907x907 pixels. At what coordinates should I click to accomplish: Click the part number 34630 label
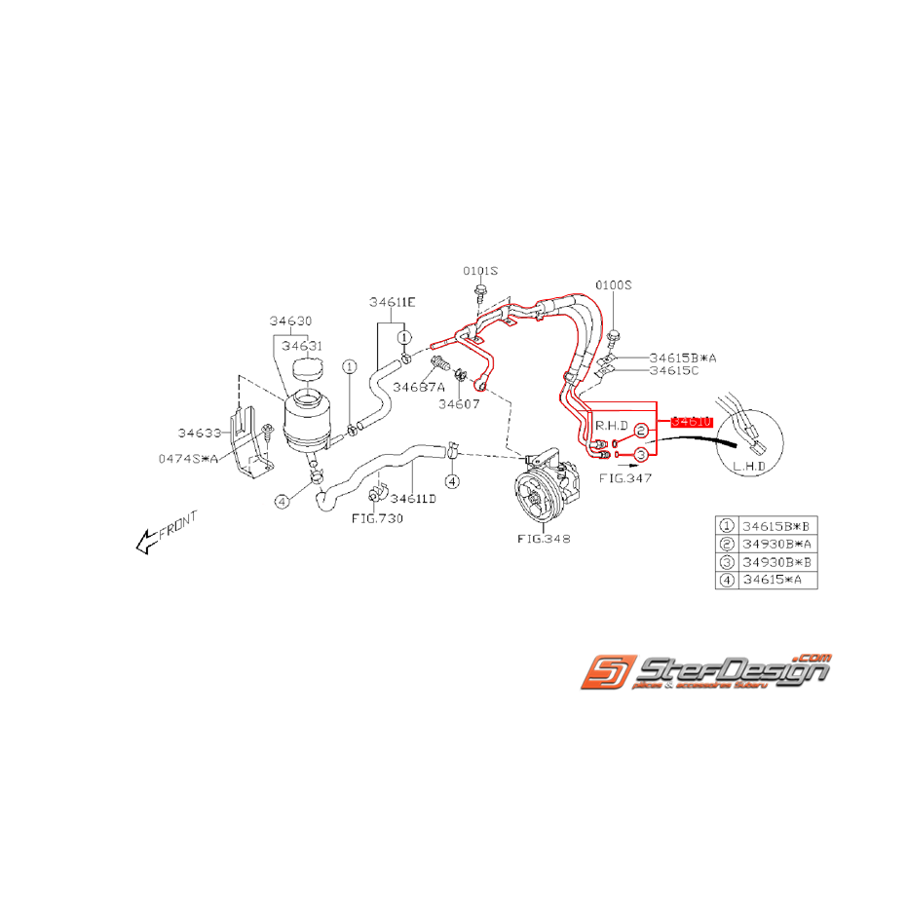pos(292,321)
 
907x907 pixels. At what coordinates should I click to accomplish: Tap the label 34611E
pos(392,302)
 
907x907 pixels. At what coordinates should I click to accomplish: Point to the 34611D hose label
pos(413,498)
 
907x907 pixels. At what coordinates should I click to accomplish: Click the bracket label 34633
pos(200,433)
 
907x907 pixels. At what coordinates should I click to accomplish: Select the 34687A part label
pos(419,387)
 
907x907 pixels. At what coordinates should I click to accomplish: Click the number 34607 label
pos(458,402)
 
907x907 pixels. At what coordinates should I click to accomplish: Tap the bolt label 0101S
pos(480,270)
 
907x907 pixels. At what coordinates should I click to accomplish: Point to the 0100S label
pos(614,285)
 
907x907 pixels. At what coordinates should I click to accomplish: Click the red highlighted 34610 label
pos(693,420)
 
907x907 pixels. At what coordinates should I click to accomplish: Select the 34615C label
pos(674,370)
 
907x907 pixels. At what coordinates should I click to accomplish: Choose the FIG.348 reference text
pos(545,538)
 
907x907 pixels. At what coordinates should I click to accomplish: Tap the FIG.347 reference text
pos(625,478)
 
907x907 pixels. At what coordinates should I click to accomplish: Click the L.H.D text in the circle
pos(750,467)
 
